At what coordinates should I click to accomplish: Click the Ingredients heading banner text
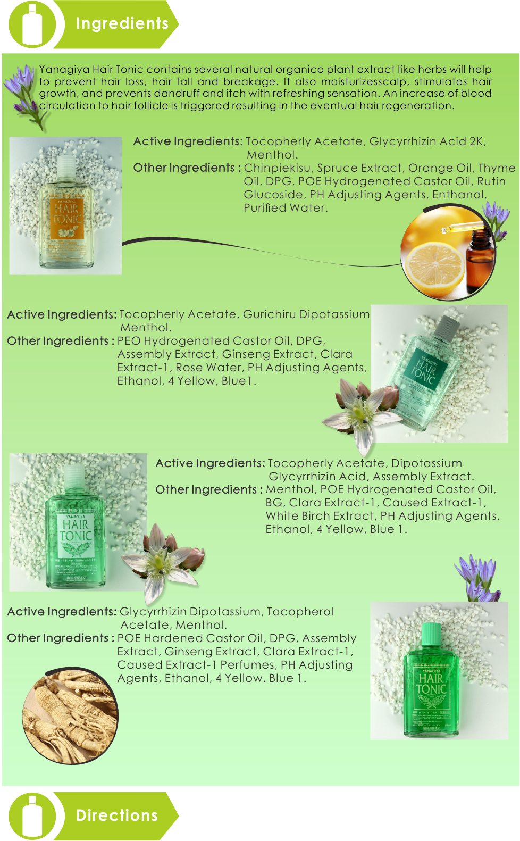(122, 23)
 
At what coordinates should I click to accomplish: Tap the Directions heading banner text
(117, 815)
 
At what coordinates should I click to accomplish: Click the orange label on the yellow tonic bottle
(66, 218)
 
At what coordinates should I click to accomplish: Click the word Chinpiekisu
(277, 168)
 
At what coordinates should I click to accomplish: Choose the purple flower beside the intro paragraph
(24, 93)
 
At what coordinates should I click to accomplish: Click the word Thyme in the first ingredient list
(497, 168)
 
